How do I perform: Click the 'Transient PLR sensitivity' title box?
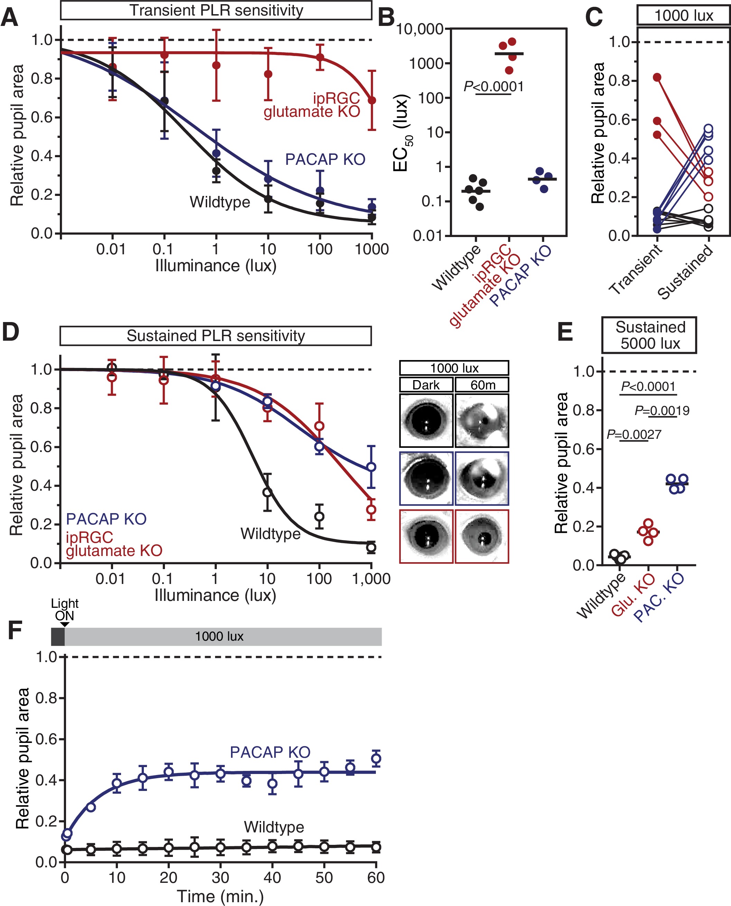pos(216,10)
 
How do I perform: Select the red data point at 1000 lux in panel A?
pos(372,101)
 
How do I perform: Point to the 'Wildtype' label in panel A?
pos(220,202)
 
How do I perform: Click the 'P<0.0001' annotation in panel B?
pos(493,87)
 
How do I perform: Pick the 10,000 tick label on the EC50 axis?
pos(420,29)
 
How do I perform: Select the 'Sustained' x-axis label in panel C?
pos(685,272)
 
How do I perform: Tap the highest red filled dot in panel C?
pos(657,77)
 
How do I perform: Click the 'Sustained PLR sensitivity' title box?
pos(215,336)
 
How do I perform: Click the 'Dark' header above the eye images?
pos(426,385)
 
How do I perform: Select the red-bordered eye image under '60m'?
pos(482,537)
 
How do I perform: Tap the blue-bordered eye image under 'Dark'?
pos(426,479)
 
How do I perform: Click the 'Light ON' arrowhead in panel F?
pos(64,624)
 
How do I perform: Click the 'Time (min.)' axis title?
pos(220,896)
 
